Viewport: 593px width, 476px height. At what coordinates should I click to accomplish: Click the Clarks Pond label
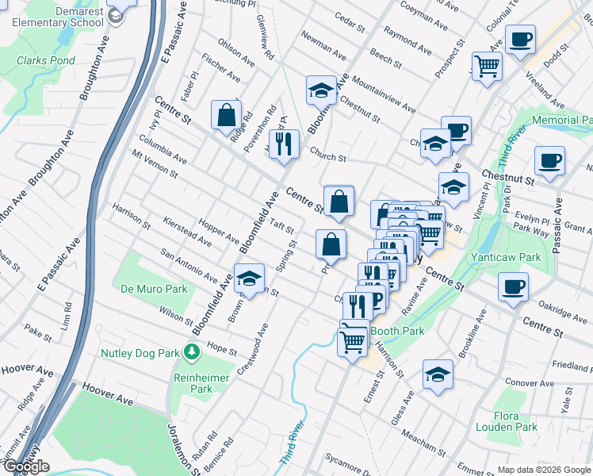point(45,60)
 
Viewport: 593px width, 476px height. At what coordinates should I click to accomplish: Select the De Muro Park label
point(155,289)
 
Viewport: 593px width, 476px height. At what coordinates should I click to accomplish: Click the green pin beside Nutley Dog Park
point(190,351)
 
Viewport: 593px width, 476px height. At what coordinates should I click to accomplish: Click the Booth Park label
point(399,331)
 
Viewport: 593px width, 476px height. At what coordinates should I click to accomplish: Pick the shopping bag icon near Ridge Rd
point(227,114)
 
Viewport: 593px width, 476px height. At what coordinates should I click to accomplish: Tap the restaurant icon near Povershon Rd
point(284,144)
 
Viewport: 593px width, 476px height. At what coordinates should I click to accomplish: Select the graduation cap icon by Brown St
point(249,278)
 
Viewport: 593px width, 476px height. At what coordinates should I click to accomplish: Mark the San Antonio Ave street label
point(189,264)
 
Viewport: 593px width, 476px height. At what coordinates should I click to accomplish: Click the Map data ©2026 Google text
point(543,470)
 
